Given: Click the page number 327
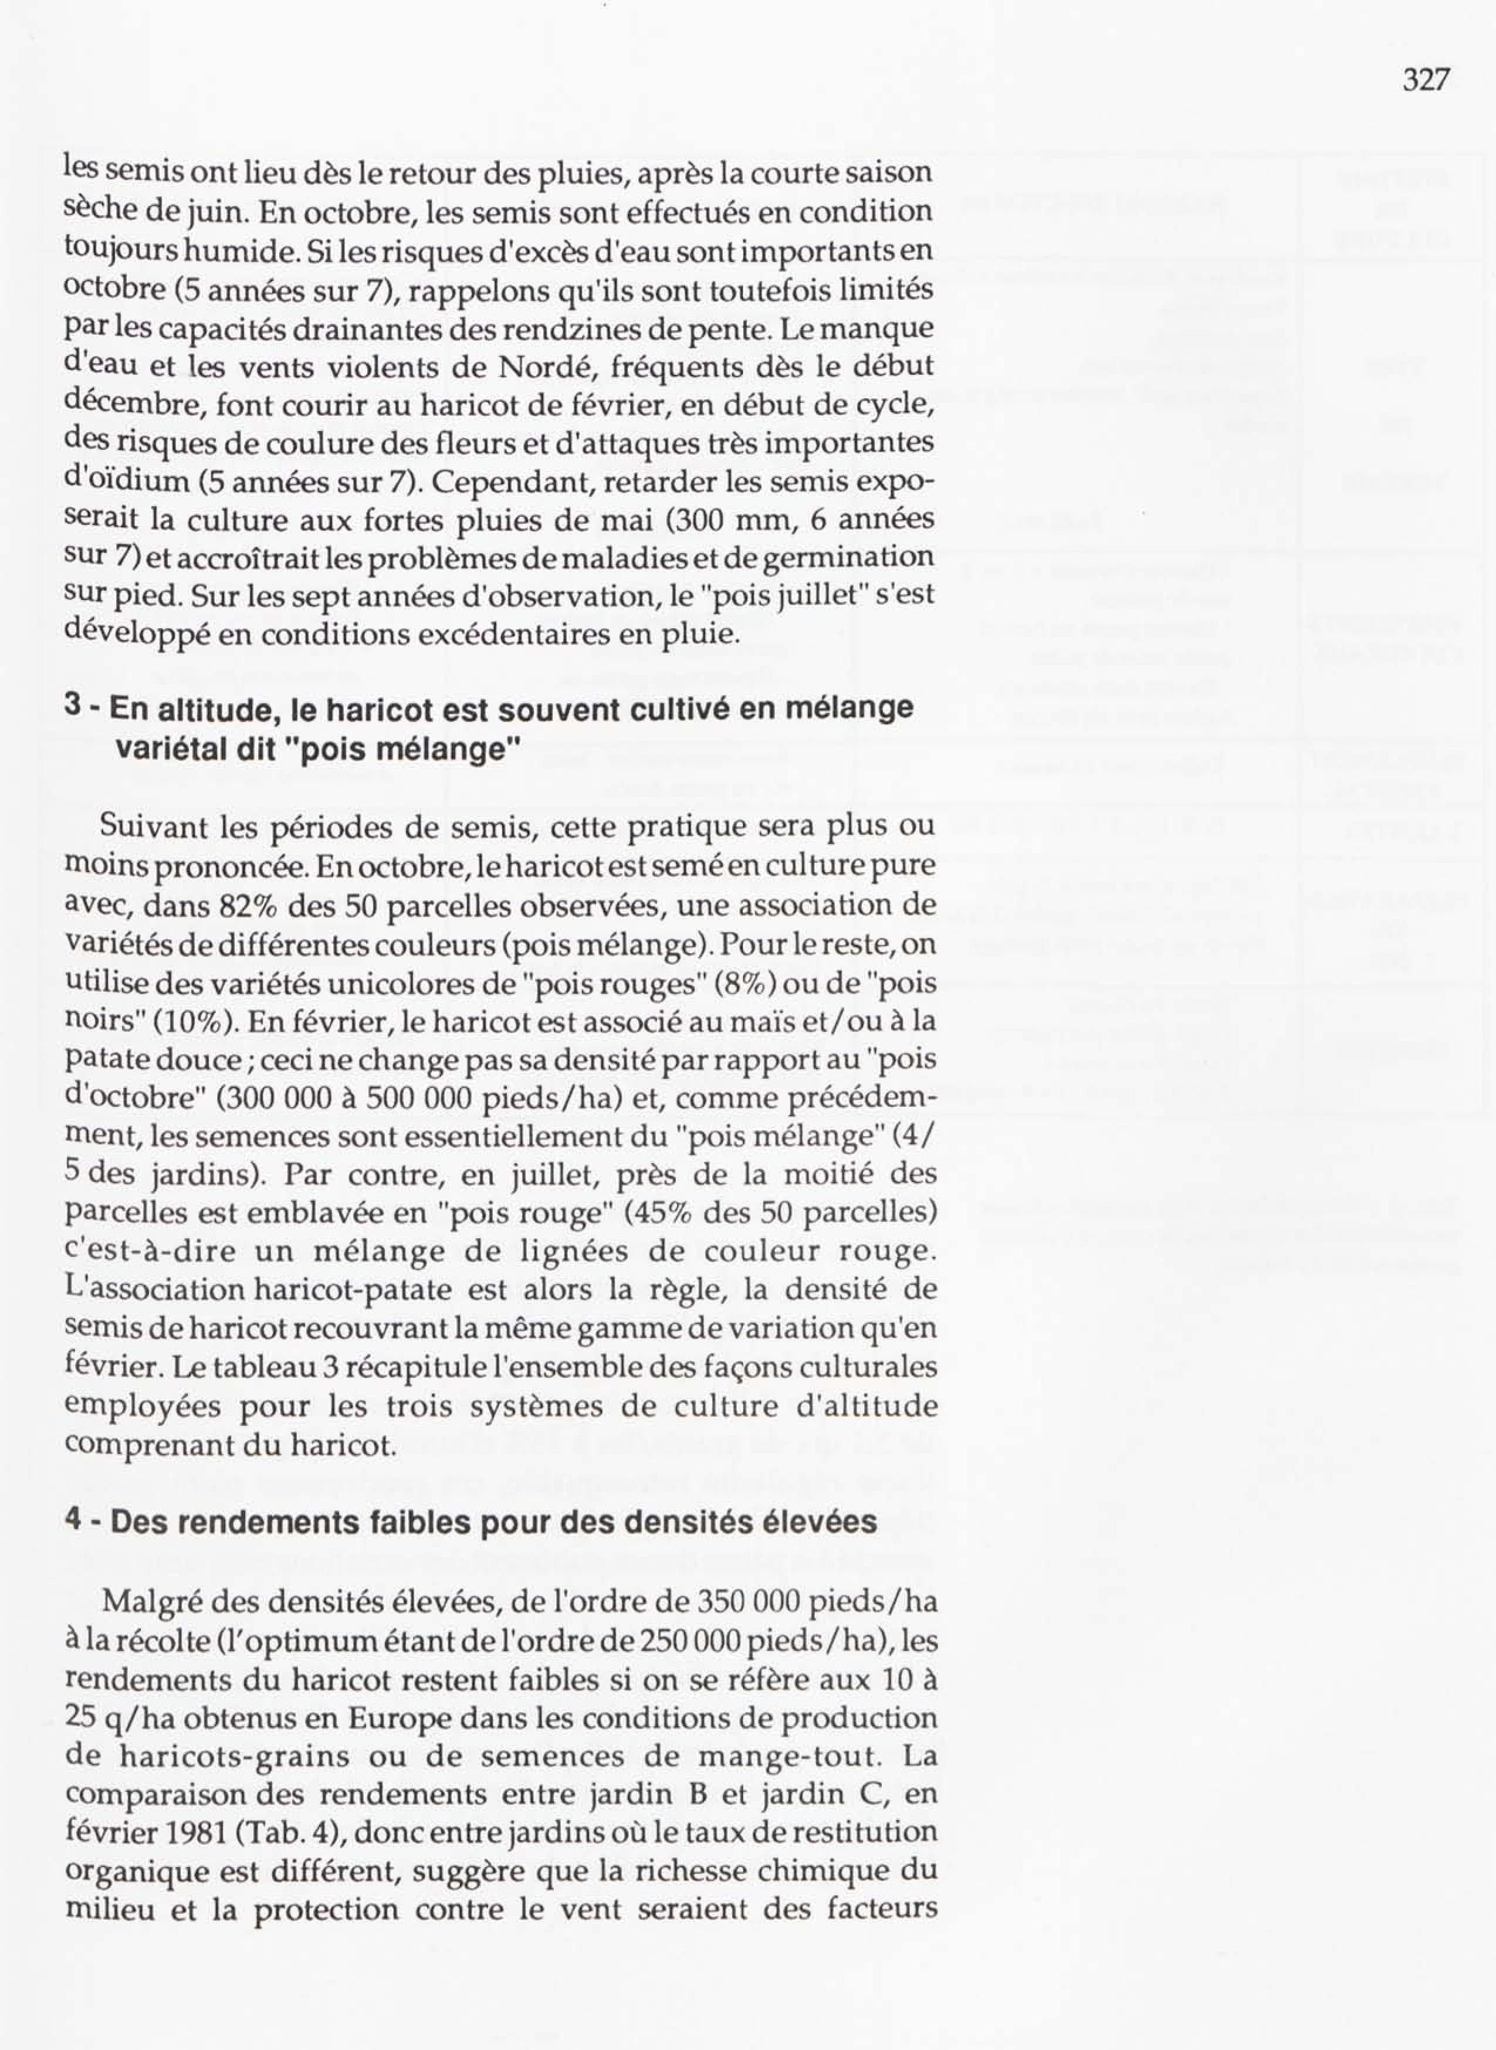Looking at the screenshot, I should tap(1426, 80).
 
